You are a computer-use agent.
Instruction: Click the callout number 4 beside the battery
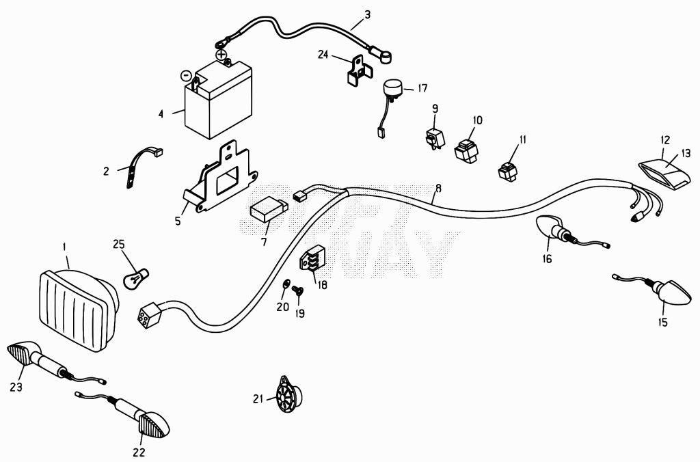tap(161, 114)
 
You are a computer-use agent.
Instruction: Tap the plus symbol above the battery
tap(221, 55)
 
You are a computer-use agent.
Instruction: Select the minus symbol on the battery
tap(187, 75)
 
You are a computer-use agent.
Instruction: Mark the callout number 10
tap(478, 120)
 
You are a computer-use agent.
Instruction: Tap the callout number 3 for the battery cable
tap(367, 15)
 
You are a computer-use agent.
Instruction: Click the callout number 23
tap(16, 387)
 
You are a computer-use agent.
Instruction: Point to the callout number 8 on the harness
tap(438, 188)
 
